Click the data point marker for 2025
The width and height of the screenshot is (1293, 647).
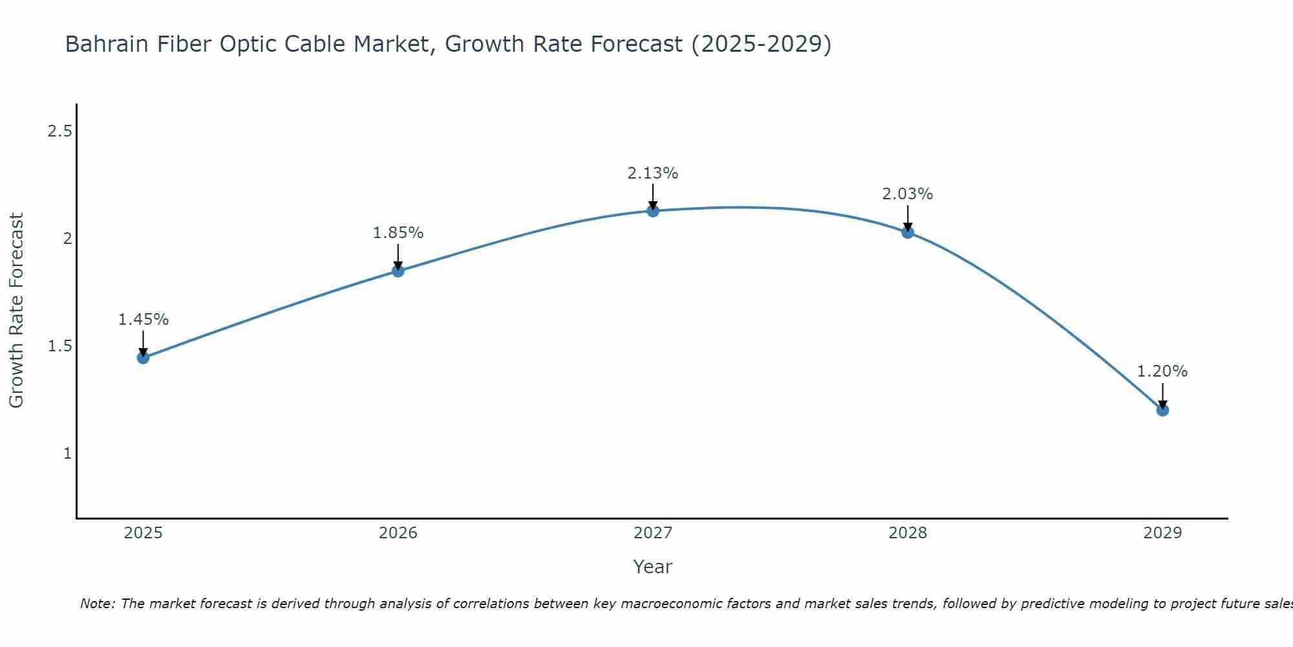pyautogui.click(x=144, y=357)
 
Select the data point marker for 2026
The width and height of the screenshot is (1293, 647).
pyautogui.click(x=398, y=271)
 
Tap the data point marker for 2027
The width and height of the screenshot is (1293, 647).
pyautogui.click(x=653, y=211)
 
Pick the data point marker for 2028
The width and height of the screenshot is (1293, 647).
pyautogui.click(x=908, y=232)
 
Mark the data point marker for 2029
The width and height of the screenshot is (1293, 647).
pyautogui.click(x=1162, y=410)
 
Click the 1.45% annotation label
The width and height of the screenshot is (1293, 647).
pyautogui.click(x=144, y=320)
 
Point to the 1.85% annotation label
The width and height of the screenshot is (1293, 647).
pyautogui.click(x=398, y=233)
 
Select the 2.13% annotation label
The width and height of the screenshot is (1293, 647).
pyautogui.click(x=653, y=173)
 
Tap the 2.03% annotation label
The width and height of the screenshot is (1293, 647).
pyautogui.click(x=908, y=194)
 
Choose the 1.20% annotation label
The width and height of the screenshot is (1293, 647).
pyautogui.click(x=1162, y=371)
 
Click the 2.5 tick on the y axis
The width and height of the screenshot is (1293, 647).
pyautogui.click(x=59, y=131)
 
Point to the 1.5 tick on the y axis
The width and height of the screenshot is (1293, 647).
pyautogui.click(x=59, y=346)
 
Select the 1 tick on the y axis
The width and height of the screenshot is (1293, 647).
pyautogui.click(x=67, y=454)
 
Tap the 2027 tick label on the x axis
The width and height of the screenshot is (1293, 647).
pyautogui.click(x=653, y=533)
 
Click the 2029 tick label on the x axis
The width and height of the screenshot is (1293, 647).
pyautogui.click(x=1162, y=533)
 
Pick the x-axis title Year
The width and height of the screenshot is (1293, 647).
pyautogui.click(x=653, y=567)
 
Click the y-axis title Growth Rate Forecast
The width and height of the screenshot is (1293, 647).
pyautogui.click(x=17, y=311)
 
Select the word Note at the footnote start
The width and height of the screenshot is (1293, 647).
pyautogui.click(x=97, y=604)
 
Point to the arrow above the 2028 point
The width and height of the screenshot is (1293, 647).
pyautogui.click(x=908, y=218)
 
